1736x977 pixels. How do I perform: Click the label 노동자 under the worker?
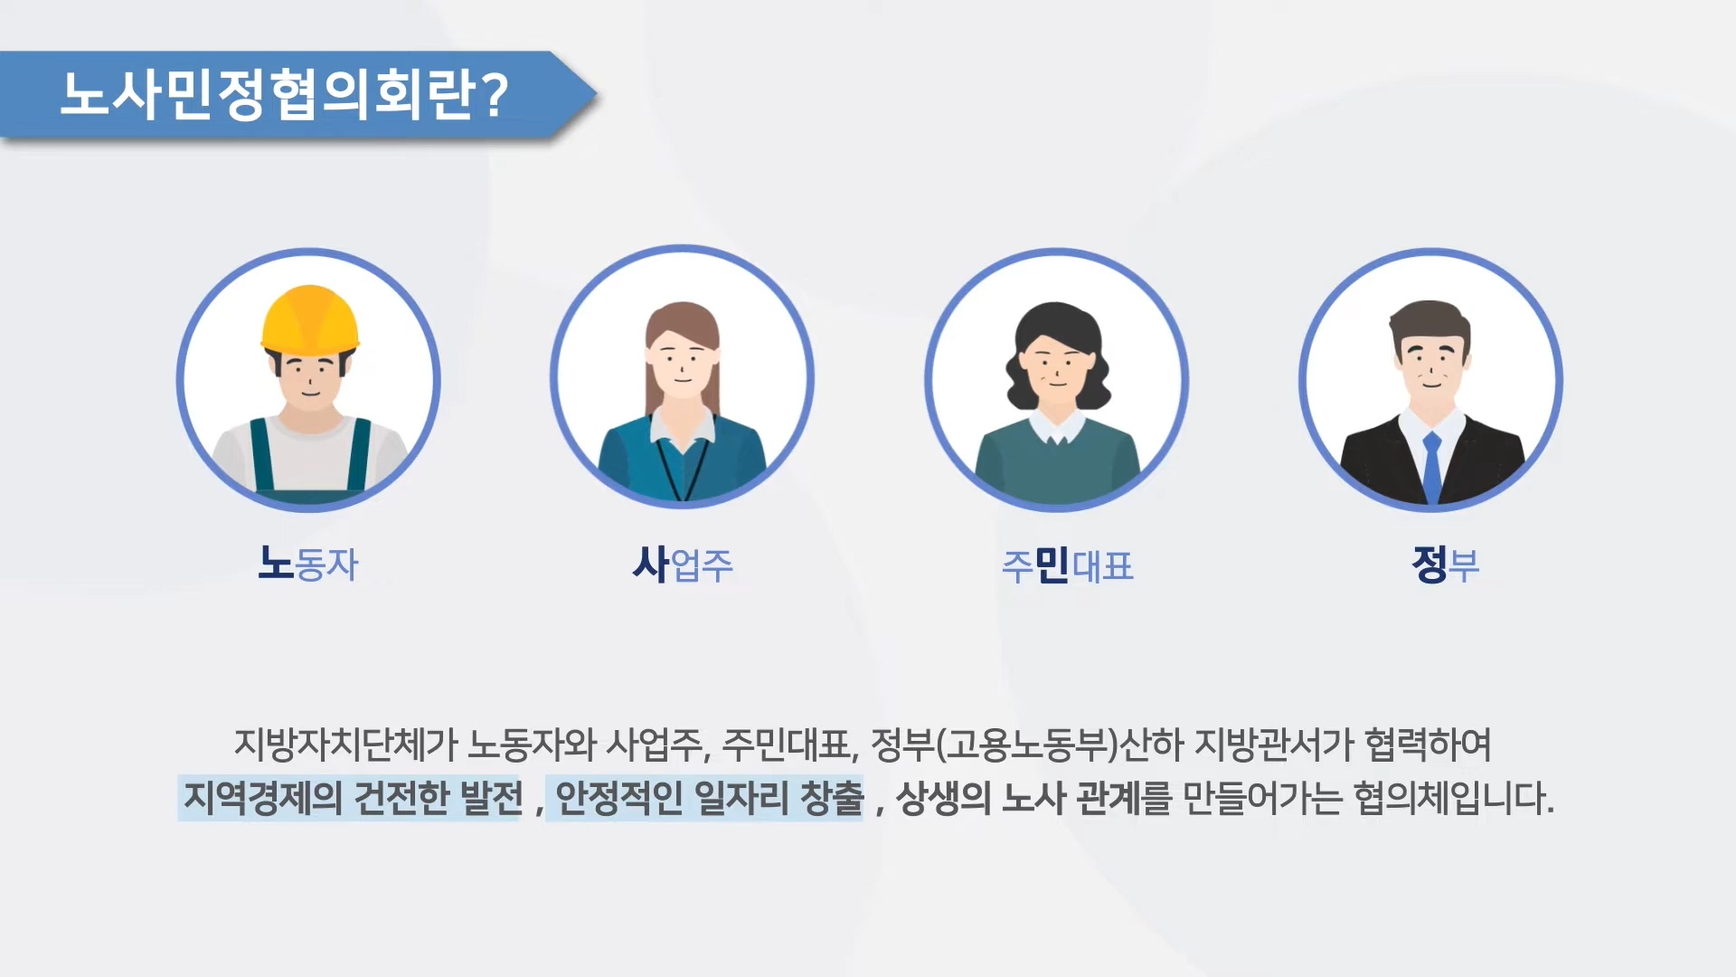coord(308,564)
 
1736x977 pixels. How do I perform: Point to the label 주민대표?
coord(1067,566)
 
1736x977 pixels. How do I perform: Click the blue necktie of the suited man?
coord(1432,467)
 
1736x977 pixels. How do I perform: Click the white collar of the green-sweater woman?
coord(1056,429)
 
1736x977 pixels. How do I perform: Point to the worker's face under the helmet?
coord(309,378)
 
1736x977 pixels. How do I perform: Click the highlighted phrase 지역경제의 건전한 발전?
coord(353,798)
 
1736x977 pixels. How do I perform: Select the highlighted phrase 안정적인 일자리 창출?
coord(709,798)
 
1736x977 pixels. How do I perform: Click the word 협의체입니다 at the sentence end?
coord(1453,798)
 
